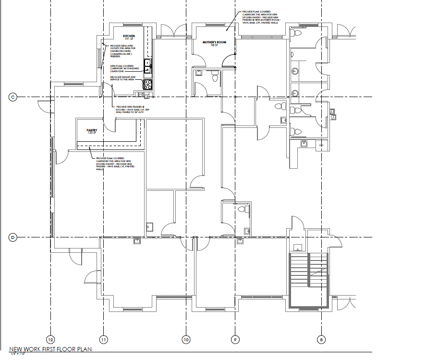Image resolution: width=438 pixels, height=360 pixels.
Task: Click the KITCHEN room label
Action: (129, 36)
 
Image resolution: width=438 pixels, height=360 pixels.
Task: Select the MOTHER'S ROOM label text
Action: (214, 42)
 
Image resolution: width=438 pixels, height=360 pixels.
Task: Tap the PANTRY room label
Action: (92, 130)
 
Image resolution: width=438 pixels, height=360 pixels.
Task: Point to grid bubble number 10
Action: (186, 340)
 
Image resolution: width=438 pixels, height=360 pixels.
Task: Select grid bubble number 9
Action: (235, 340)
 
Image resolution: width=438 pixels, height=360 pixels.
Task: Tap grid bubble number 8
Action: (321, 340)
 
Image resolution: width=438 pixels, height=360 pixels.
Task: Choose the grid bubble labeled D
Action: (13, 236)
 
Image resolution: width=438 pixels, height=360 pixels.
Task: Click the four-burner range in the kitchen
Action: (147, 85)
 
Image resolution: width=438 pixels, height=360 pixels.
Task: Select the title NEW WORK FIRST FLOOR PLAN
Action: (50, 349)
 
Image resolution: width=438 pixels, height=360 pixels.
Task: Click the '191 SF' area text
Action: (129, 39)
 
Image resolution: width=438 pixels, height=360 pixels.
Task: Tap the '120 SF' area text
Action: (92, 133)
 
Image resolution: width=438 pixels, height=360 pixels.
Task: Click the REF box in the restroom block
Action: (322, 144)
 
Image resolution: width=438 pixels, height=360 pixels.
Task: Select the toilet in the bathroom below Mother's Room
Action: (215, 76)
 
